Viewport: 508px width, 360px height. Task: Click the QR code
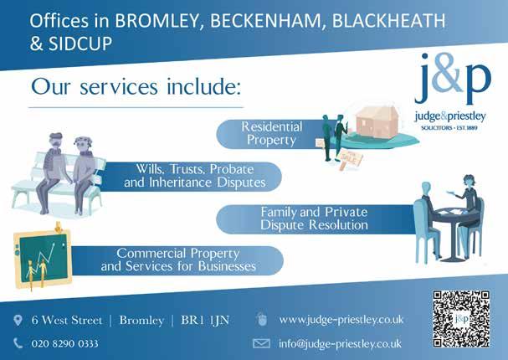(x=460, y=319)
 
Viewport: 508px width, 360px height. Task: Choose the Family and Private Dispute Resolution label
(x=314, y=219)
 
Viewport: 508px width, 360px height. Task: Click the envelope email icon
(x=261, y=343)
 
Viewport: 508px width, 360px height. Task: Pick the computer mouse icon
(x=261, y=320)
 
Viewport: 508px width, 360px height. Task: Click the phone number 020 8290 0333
(x=64, y=343)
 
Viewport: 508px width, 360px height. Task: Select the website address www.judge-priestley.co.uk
(x=341, y=320)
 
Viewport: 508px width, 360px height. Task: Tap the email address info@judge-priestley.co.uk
(x=340, y=343)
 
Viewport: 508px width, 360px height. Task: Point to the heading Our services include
(x=136, y=86)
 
